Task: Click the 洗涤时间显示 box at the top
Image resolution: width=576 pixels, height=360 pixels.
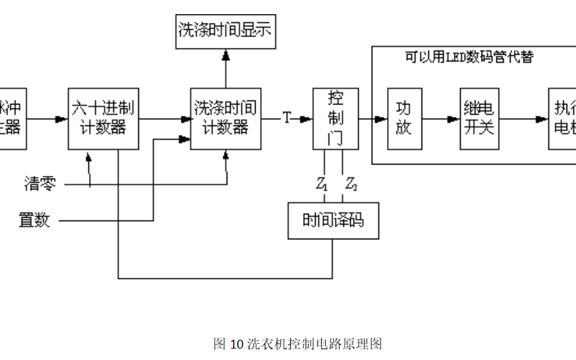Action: click(226, 30)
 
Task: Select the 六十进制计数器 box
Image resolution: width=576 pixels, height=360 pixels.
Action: click(103, 119)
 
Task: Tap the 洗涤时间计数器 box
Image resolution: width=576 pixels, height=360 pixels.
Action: click(225, 119)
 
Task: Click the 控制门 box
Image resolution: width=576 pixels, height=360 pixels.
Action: click(335, 119)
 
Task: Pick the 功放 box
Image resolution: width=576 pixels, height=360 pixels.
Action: click(403, 119)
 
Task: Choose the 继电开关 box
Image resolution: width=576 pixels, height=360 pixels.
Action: click(479, 119)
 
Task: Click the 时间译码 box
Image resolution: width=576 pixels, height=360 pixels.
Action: click(333, 220)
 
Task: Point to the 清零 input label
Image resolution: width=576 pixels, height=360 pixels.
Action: click(40, 183)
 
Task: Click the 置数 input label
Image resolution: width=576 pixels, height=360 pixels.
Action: click(34, 220)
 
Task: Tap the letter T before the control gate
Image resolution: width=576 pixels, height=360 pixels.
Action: click(287, 119)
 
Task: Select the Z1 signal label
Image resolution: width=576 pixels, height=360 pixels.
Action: click(322, 183)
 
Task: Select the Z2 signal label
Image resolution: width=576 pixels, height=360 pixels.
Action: click(351, 183)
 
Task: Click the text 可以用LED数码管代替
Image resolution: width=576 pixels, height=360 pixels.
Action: click(469, 57)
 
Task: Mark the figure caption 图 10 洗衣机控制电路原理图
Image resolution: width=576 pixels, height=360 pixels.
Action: click(297, 344)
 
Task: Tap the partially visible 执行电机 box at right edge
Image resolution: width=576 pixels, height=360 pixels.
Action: click(563, 119)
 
